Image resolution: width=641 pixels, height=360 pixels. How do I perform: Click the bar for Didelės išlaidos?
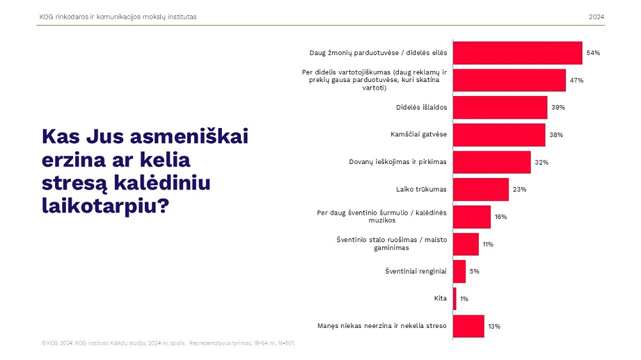tap(500, 108)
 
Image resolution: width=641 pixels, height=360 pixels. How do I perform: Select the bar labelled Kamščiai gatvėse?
tap(499, 135)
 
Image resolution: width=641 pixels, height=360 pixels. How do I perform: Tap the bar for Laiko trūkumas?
tap(481, 190)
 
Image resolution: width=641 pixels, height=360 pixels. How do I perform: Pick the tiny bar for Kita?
tap(454, 299)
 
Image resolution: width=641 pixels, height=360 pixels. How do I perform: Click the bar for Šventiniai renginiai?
tap(459, 272)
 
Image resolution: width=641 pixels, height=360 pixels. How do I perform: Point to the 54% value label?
tap(593, 53)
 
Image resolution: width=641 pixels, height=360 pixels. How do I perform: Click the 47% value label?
tap(577, 81)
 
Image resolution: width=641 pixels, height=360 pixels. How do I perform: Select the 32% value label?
tap(542, 163)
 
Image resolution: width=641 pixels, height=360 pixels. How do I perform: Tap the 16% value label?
tap(501, 217)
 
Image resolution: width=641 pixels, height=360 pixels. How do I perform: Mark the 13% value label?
tap(494, 327)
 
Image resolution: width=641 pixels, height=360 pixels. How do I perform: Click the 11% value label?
tap(488, 245)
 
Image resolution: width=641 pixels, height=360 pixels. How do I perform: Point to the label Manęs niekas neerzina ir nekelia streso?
tap(382, 326)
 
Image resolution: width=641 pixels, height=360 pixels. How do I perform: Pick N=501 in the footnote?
tap(285, 343)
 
